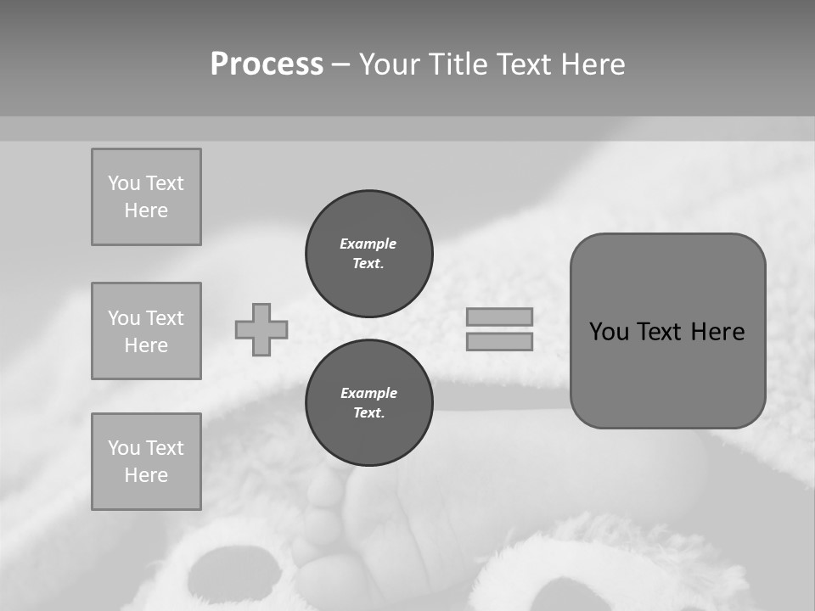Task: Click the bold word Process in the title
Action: pos(267,64)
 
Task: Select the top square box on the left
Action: pos(146,197)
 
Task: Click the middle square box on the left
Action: pos(146,331)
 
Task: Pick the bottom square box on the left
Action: pos(146,461)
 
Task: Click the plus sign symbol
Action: pos(261,329)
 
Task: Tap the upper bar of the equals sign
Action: pos(499,317)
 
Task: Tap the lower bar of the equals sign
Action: pos(499,341)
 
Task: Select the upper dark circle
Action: pos(369,253)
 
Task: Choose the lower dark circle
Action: pos(369,402)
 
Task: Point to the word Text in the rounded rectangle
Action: pos(662,332)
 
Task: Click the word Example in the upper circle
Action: pos(368,244)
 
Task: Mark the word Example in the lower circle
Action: pos(368,393)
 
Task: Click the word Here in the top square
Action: pos(146,210)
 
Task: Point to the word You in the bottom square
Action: pos(124,448)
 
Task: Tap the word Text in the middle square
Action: pos(165,318)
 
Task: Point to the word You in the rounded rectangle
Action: pos(609,332)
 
